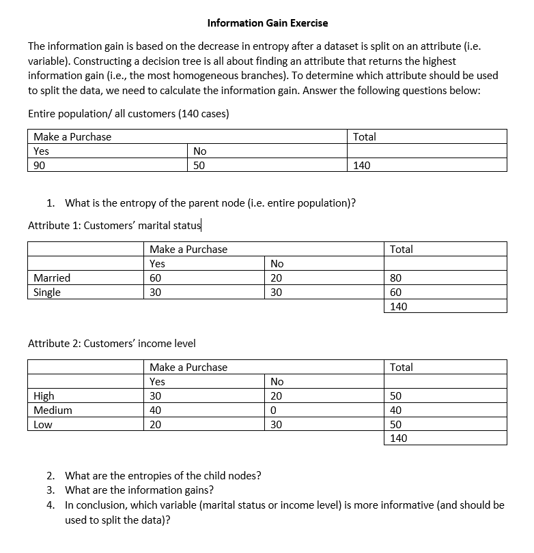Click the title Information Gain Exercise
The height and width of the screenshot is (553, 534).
point(267,23)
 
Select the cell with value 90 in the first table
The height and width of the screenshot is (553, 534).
point(40,164)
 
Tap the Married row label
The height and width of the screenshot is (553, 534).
point(52,278)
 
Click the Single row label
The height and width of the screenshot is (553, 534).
point(47,292)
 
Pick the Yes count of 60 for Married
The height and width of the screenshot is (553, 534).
point(156,278)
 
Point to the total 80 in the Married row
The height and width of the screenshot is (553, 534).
point(396,278)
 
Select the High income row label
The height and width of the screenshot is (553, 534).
point(44,395)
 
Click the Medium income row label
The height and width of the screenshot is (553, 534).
point(53,410)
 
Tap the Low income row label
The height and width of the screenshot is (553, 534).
point(42,424)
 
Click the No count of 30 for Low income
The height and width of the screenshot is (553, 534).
point(277,424)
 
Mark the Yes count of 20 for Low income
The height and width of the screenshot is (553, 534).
point(156,424)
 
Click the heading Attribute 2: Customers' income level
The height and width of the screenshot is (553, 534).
point(112,344)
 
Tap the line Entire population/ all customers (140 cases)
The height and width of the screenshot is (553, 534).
point(128,114)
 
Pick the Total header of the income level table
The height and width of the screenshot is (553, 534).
point(402,367)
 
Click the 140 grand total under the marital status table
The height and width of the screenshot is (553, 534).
point(399,306)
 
